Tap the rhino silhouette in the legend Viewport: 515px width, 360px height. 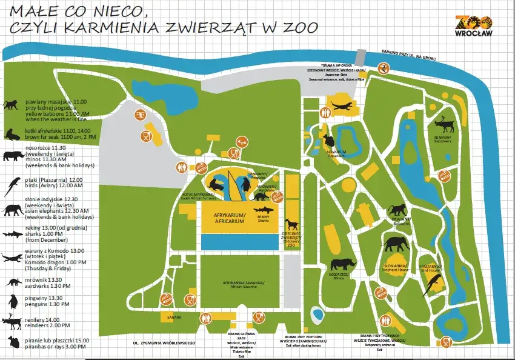point(13,156)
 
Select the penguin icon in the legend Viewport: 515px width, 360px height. point(13,301)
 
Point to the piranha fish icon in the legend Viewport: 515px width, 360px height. point(13,343)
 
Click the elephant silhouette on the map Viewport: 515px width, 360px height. point(396,244)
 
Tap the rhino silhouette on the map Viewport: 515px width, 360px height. point(342,264)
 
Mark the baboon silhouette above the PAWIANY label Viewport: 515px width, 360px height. point(398,210)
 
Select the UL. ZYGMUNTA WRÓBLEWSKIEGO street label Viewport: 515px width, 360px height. point(163,344)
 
